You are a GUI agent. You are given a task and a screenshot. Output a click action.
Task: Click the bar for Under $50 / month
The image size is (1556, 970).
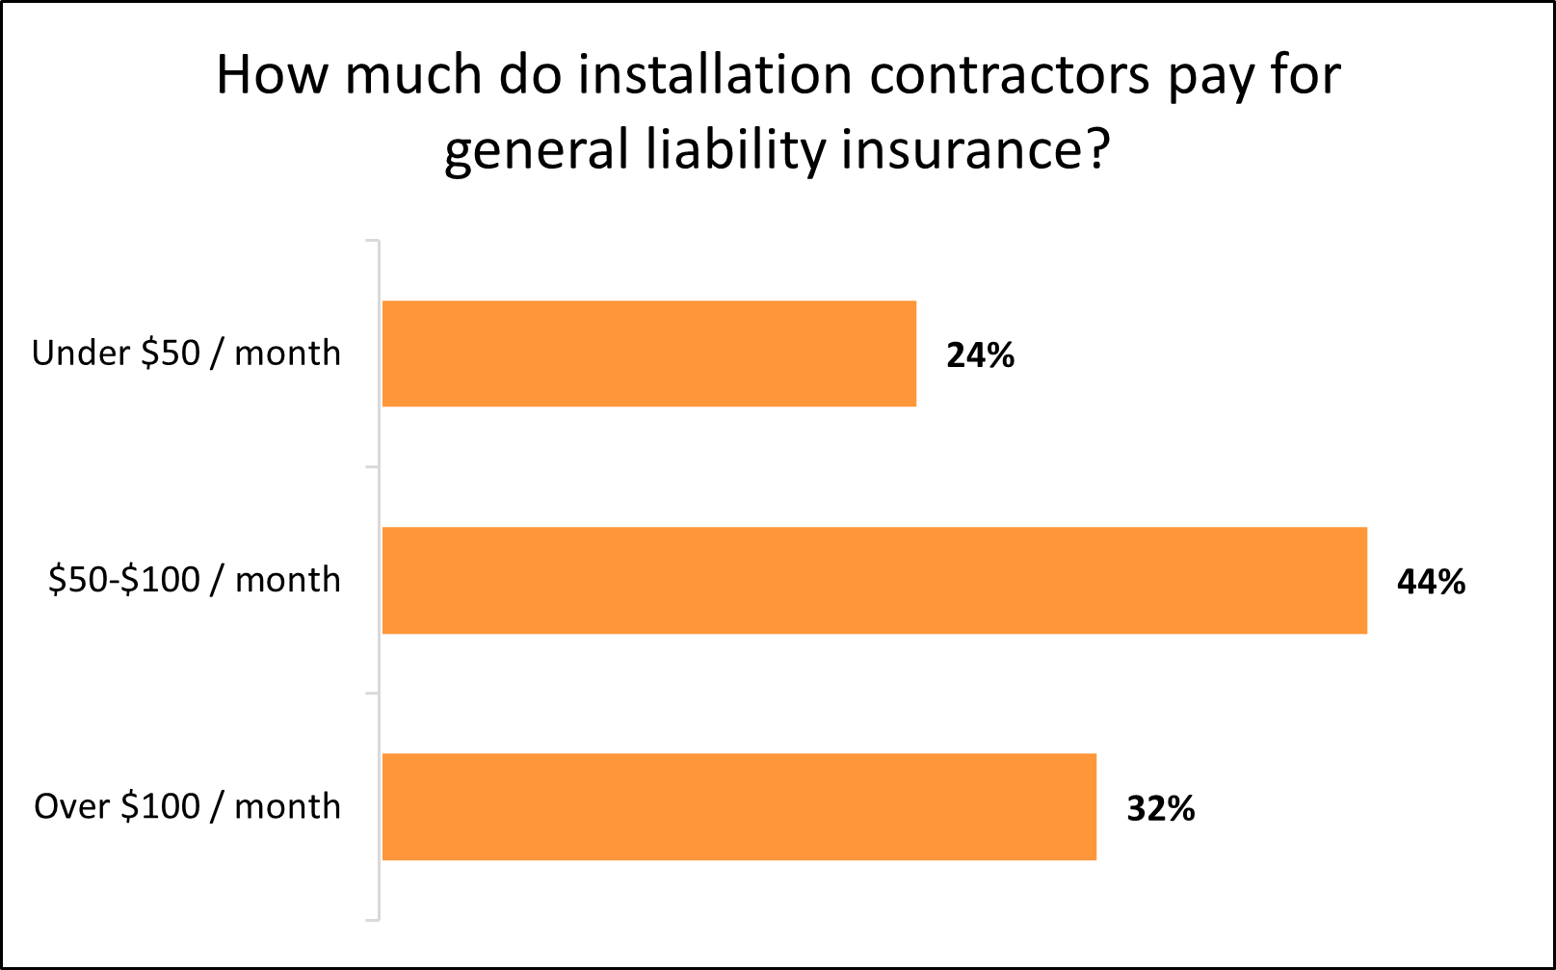(648, 354)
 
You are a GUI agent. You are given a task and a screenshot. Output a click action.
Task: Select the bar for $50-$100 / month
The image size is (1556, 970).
(874, 580)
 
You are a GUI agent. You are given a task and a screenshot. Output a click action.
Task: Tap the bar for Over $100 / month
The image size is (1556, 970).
(739, 806)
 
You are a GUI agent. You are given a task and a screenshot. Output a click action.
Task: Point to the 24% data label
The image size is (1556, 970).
(980, 355)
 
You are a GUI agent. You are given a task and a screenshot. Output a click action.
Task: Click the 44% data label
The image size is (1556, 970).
(1431, 582)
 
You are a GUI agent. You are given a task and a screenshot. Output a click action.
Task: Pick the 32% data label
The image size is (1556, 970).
(1160, 808)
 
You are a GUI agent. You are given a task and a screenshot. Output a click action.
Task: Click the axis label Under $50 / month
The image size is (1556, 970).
(186, 354)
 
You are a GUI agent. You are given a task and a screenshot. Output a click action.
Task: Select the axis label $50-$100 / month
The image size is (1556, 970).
(194, 580)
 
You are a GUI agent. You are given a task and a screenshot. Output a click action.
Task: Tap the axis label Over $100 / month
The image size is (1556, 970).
(187, 806)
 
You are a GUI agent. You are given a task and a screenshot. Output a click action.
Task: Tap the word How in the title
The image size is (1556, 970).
(272, 75)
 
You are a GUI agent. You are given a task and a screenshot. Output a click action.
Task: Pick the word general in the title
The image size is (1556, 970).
(536, 152)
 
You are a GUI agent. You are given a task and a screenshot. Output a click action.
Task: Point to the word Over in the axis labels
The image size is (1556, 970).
(71, 806)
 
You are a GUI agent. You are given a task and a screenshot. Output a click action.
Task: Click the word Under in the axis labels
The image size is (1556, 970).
(80, 354)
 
